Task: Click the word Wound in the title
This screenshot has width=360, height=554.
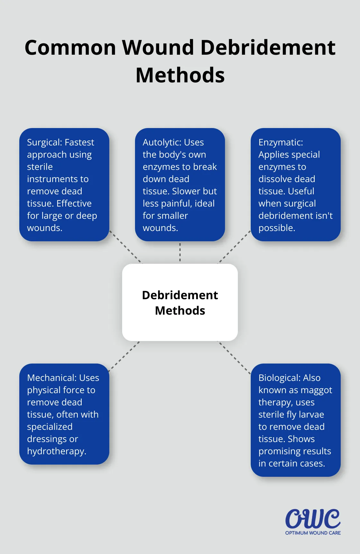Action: click(158, 48)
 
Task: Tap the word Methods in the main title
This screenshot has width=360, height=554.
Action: click(180, 75)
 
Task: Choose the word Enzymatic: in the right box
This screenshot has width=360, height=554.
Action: click(281, 142)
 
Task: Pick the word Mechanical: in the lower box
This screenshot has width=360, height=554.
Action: click(52, 378)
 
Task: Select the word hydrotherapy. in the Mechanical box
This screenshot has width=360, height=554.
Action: click(57, 451)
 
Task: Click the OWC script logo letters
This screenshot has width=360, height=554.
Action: click(313, 519)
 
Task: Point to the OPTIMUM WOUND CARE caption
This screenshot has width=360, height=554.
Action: click(313, 533)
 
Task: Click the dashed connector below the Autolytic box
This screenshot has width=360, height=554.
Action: click(180, 252)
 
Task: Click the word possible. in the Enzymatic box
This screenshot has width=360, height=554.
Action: click(277, 228)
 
